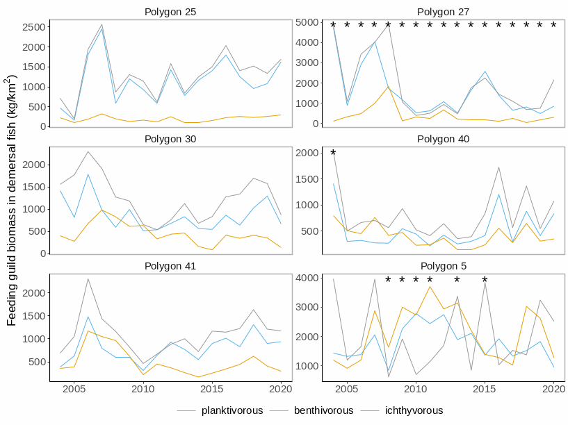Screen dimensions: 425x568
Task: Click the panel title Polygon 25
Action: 170,12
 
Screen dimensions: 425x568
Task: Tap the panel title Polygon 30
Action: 170,139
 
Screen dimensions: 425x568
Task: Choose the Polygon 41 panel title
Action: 170,266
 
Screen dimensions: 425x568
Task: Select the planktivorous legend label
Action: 232,410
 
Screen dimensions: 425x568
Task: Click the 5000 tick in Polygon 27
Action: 306,22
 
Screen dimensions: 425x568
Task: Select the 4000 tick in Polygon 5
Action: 306,278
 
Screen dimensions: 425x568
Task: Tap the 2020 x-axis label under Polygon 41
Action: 280,390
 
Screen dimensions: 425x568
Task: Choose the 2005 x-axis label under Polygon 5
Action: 348,390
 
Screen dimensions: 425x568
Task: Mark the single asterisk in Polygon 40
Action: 333,154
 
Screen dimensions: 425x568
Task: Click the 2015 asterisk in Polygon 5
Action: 485,281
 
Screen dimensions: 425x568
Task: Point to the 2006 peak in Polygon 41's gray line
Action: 88,279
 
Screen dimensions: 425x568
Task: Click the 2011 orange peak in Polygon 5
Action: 430,286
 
